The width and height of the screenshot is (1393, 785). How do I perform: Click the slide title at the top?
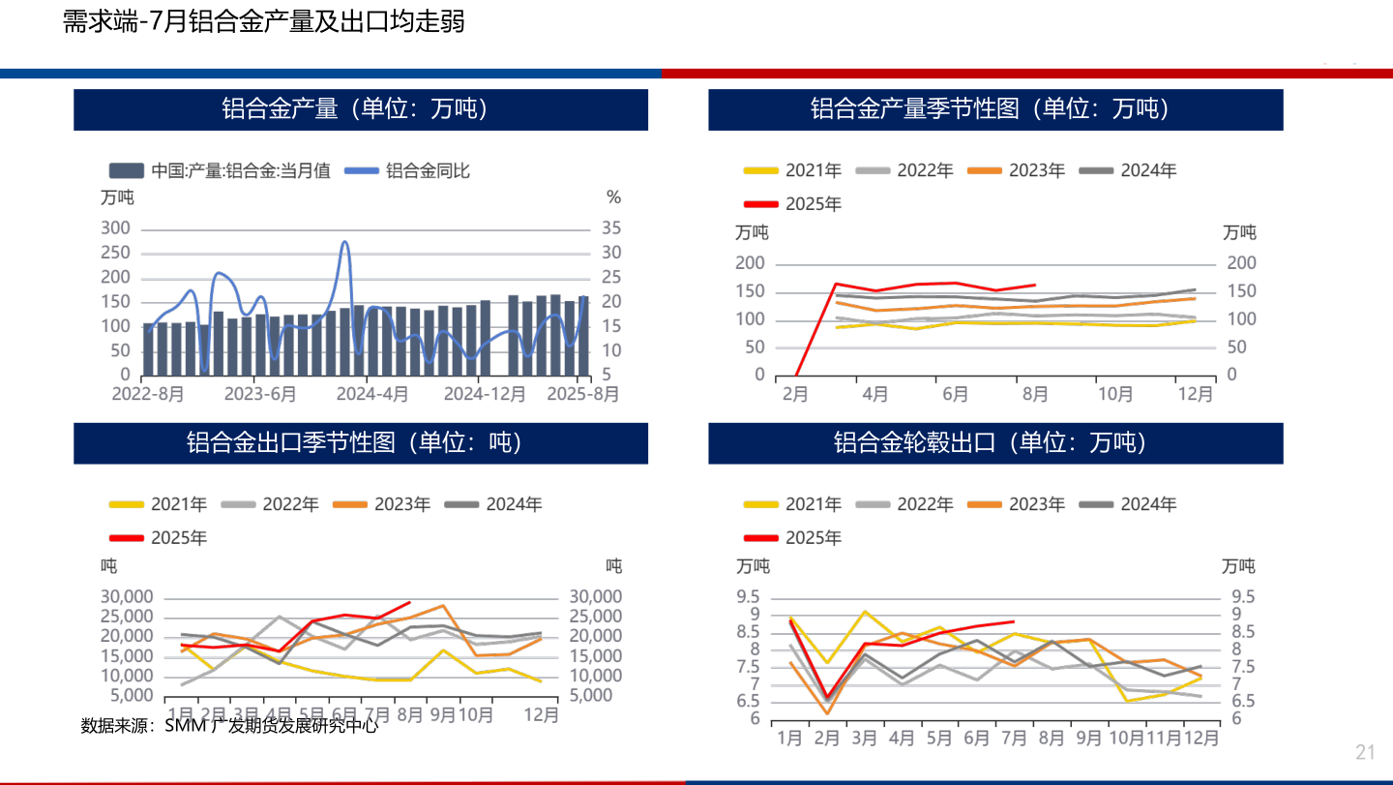tap(263, 22)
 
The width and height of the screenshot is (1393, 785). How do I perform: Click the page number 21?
tap(1365, 752)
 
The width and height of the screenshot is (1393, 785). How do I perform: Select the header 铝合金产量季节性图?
tap(995, 109)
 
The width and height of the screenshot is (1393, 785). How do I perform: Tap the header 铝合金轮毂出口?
tap(995, 443)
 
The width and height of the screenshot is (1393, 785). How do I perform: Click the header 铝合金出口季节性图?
tap(361, 443)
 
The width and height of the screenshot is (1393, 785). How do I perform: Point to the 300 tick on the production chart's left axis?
tap(115, 228)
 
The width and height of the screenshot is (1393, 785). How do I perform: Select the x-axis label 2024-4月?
tap(372, 394)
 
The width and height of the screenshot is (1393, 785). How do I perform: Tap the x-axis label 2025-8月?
tap(582, 394)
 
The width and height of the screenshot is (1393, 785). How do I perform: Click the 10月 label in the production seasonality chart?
tap(1114, 394)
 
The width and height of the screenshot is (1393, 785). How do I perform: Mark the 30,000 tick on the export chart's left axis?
tap(127, 596)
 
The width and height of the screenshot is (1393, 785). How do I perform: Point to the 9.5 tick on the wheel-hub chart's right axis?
tap(1242, 596)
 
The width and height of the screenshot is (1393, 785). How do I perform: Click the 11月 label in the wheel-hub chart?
tap(1165, 738)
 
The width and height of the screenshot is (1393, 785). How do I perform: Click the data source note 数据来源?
tap(229, 725)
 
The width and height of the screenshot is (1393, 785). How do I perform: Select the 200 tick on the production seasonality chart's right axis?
tap(1241, 263)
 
